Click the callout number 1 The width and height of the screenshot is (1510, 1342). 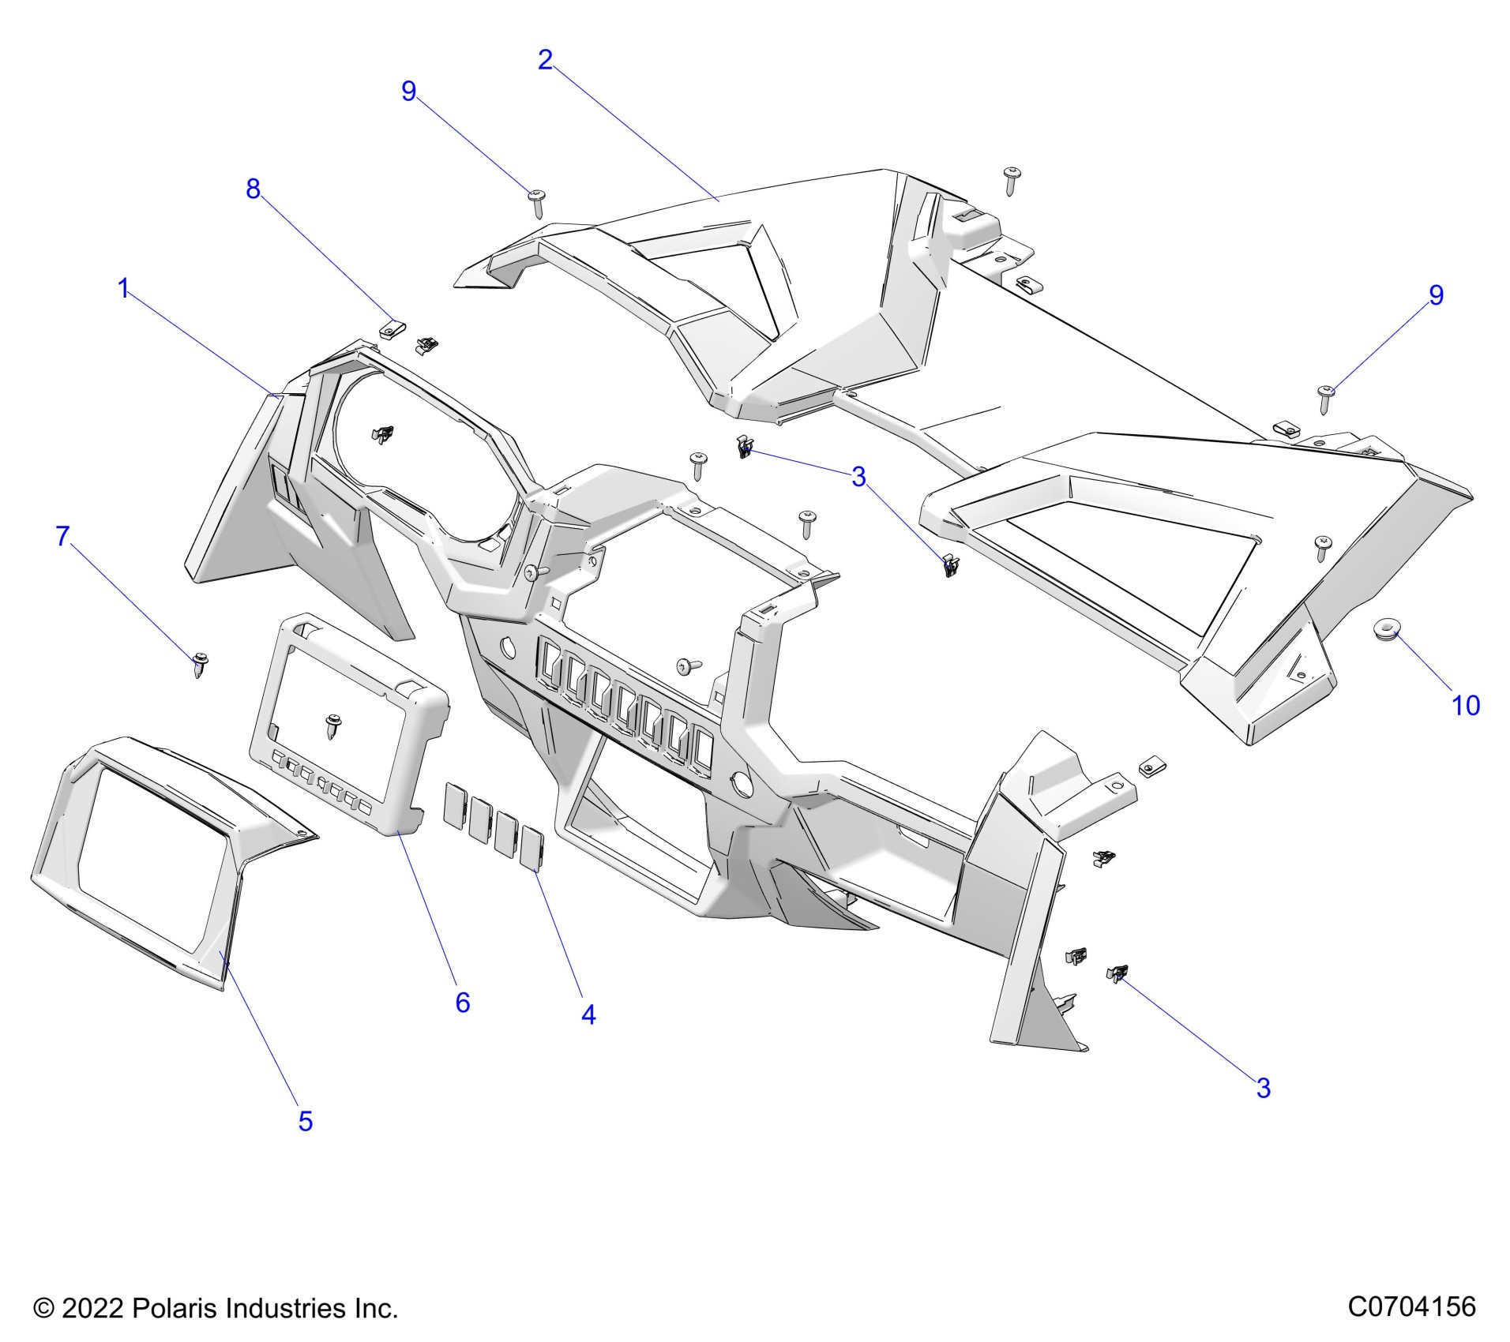[123, 289]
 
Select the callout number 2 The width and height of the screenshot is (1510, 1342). [545, 60]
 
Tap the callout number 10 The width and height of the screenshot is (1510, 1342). [1466, 705]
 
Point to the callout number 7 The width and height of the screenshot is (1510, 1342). [63, 536]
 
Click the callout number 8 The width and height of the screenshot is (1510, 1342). [253, 189]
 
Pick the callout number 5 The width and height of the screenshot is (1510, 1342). [306, 1120]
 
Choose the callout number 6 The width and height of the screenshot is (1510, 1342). [463, 1002]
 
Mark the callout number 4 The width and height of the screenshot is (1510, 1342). [588, 1014]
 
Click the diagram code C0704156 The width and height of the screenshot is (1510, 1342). [1411, 1306]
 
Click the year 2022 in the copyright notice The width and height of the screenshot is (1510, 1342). [92, 1308]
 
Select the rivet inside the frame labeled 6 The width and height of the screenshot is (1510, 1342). [334, 725]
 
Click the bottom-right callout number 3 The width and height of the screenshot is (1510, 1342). [1264, 1088]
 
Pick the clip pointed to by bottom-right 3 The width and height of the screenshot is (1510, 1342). [1117, 973]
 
